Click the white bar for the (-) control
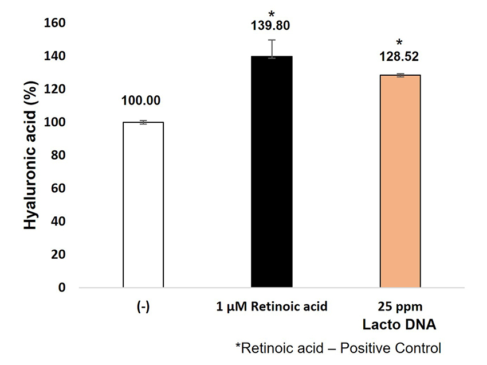point(143,204)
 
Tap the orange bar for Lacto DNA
point(400,181)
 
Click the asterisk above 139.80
point(272,12)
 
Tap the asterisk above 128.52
point(400,42)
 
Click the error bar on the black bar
point(272,48)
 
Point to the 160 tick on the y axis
point(59,23)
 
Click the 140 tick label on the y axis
point(59,56)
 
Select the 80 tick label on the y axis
point(62,155)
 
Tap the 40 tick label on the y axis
point(62,221)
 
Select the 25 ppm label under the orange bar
point(400,307)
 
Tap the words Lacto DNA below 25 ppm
point(400,324)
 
